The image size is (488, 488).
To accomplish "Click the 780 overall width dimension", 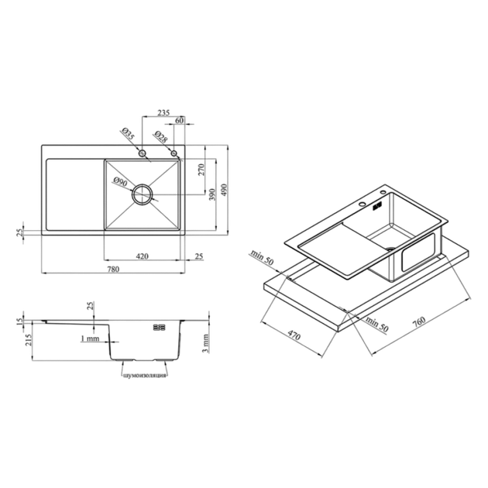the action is (x=113, y=269).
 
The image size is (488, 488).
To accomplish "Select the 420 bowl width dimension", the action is (x=142, y=256).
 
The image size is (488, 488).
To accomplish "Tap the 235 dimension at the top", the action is (x=163, y=112).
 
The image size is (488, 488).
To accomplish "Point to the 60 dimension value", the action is (x=180, y=120).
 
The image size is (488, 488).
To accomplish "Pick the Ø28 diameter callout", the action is (x=160, y=136).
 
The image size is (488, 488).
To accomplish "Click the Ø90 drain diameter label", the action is (x=120, y=181).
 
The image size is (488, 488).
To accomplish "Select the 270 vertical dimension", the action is (x=201, y=170).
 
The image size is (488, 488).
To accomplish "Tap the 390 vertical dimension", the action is (x=212, y=194).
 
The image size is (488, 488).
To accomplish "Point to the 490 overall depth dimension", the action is (x=224, y=190).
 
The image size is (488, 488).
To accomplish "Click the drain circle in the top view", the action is (x=143, y=194).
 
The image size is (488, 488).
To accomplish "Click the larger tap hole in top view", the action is (x=143, y=153).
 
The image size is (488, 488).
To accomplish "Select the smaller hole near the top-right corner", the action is (x=174, y=153).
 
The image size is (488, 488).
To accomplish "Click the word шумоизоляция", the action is (x=144, y=376).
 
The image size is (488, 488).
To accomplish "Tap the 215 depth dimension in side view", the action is (x=29, y=340).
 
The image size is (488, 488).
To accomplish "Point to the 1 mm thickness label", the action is (x=90, y=339).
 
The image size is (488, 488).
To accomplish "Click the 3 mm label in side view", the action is (x=205, y=344).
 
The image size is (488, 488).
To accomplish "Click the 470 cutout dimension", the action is (x=294, y=335).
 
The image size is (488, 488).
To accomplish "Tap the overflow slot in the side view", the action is (x=159, y=327).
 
